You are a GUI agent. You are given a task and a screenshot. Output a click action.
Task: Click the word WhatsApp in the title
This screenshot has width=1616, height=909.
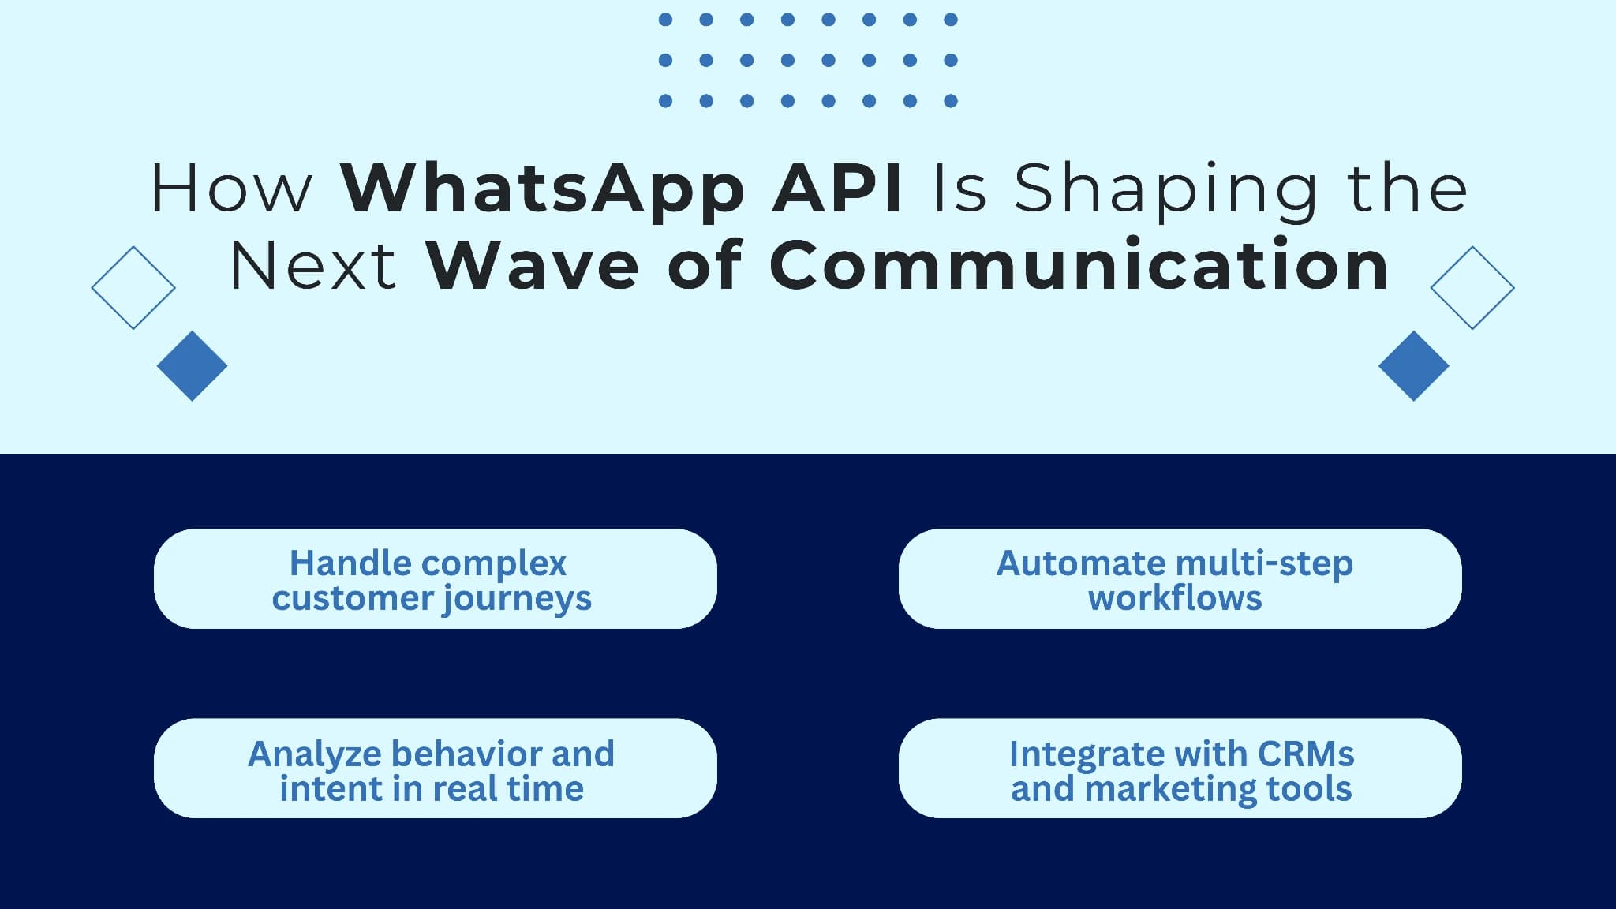pyautogui.click(x=542, y=189)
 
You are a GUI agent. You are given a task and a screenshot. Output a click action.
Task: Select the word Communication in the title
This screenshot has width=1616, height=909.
pyautogui.click(x=1079, y=265)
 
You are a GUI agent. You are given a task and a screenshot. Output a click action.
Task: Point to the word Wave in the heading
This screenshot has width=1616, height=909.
pyautogui.click(x=533, y=266)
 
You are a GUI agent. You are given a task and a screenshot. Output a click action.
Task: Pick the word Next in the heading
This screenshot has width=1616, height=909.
pyautogui.click(x=312, y=266)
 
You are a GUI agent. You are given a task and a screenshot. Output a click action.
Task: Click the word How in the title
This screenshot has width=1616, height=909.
pyautogui.click(x=231, y=189)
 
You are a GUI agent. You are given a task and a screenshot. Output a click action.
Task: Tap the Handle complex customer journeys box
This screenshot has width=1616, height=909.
pyautogui.click(x=435, y=578)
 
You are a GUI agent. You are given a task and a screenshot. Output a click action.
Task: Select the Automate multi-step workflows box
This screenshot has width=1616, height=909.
pyautogui.click(x=1180, y=578)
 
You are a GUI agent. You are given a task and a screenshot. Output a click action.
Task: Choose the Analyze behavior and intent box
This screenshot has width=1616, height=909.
pyautogui.click(x=435, y=768)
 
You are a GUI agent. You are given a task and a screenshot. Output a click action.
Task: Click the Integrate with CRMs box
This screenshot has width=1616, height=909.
pyautogui.click(x=1180, y=768)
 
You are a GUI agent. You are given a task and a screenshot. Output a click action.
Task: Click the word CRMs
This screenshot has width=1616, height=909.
pyautogui.click(x=1306, y=754)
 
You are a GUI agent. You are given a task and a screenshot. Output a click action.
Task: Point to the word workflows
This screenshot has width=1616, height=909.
pyautogui.click(x=1175, y=598)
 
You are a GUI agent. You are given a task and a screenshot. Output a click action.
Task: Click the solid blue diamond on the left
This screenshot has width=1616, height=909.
pyautogui.click(x=192, y=365)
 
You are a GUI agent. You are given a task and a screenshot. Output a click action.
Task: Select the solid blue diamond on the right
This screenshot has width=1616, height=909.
pyautogui.click(x=1413, y=365)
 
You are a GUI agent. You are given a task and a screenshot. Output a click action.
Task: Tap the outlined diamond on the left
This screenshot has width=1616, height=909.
pyautogui.click(x=133, y=287)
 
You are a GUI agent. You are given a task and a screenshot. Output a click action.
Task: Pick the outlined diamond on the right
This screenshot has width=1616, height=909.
pyautogui.click(x=1472, y=287)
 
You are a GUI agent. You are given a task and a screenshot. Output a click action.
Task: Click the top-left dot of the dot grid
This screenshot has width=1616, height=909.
pyautogui.click(x=665, y=20)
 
